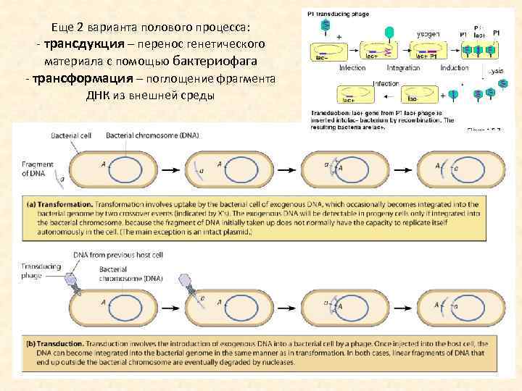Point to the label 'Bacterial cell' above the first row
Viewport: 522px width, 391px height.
coord(70,135)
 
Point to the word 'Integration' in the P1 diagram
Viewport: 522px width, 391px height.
coord(403,68)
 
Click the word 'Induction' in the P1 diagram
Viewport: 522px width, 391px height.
coord(454,68)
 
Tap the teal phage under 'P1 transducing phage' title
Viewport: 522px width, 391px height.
coord(326,26)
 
